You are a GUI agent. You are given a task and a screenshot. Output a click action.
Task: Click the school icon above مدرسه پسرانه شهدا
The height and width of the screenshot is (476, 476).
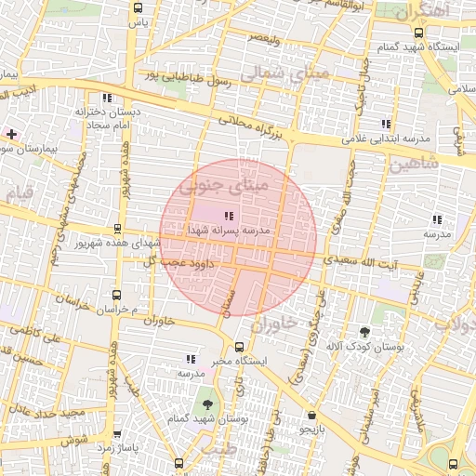tap(230, 216)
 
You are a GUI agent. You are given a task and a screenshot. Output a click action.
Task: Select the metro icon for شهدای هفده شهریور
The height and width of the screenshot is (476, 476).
tap(117, 229)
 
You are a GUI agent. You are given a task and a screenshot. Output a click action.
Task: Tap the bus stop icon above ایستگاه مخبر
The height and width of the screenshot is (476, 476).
tap(240, 347)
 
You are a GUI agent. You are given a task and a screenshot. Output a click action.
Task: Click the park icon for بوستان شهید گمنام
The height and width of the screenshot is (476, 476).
tap(206, 404)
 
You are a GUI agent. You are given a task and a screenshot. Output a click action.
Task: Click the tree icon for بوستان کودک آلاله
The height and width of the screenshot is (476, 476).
tap(364, 332)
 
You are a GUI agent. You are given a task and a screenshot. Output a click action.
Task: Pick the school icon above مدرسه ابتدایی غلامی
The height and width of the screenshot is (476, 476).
tap(385, 124)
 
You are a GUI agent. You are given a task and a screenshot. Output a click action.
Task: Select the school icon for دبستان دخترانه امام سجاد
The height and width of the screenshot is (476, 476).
tap(109, 98)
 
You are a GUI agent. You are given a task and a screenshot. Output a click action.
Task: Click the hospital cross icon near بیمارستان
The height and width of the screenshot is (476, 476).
tap(11, 135)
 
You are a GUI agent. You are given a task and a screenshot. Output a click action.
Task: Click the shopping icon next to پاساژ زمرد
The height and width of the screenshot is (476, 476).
tap(117, 434)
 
